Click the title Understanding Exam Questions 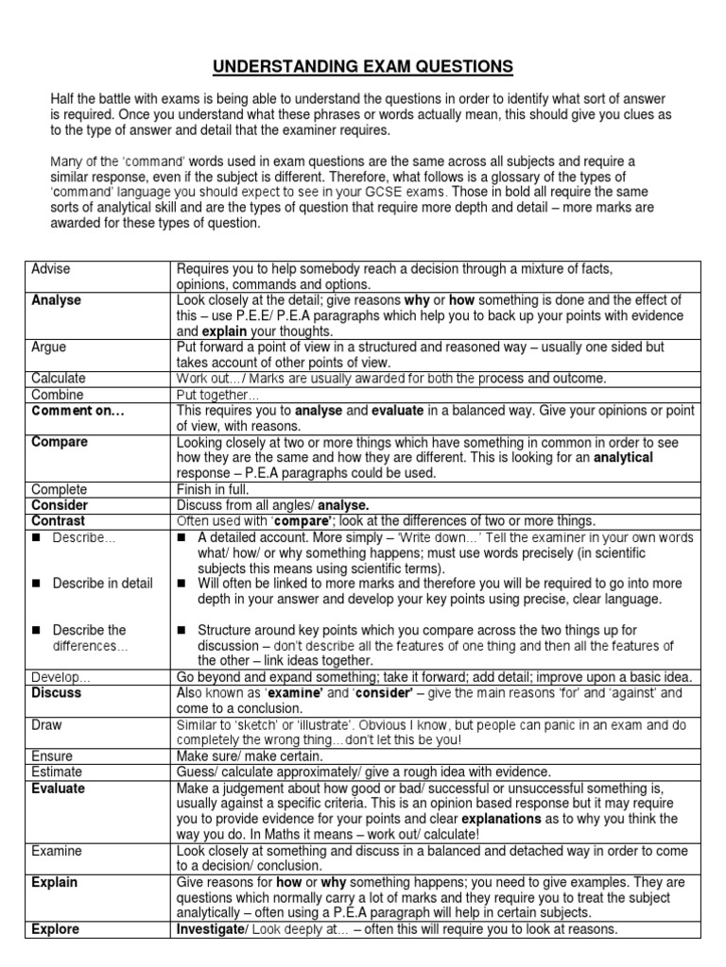363,66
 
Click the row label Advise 51,269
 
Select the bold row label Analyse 56,300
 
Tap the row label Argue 49,348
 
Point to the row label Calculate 59,379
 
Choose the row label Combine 58,395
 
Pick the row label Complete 60,489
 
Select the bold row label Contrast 59,520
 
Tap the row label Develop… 61,677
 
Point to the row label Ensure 52,756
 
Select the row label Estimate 57,772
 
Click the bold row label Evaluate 59,789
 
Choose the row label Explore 56,929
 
